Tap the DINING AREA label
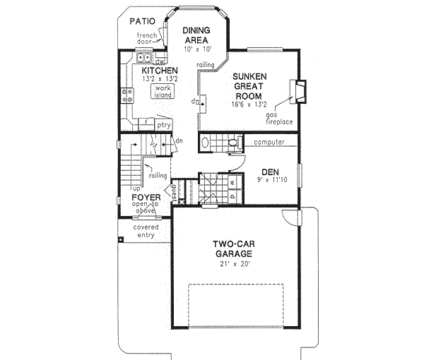click(x=194, y=35)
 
